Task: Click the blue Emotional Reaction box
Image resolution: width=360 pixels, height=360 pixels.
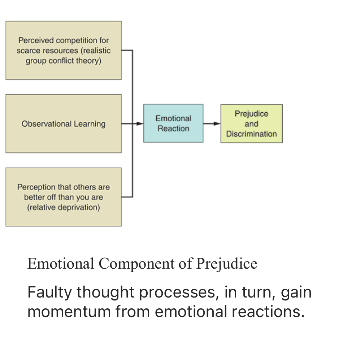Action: click(173, 123)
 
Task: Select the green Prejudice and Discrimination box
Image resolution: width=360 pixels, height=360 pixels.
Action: click(251, 123)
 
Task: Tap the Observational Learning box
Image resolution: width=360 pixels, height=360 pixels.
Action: click(64, 123)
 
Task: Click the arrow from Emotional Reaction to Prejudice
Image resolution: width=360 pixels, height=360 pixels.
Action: click(212, 123)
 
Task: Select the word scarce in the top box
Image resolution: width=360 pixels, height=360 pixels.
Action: click(28, 51)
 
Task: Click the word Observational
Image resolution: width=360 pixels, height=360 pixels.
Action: click(47, 124)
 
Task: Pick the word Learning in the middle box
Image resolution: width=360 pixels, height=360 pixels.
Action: click(90, 124)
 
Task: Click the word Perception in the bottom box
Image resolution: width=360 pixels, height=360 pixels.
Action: click(35, 187)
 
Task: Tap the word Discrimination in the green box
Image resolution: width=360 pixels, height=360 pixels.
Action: click(251, 134)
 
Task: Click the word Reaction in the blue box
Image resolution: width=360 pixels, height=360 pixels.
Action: click(173, 129)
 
